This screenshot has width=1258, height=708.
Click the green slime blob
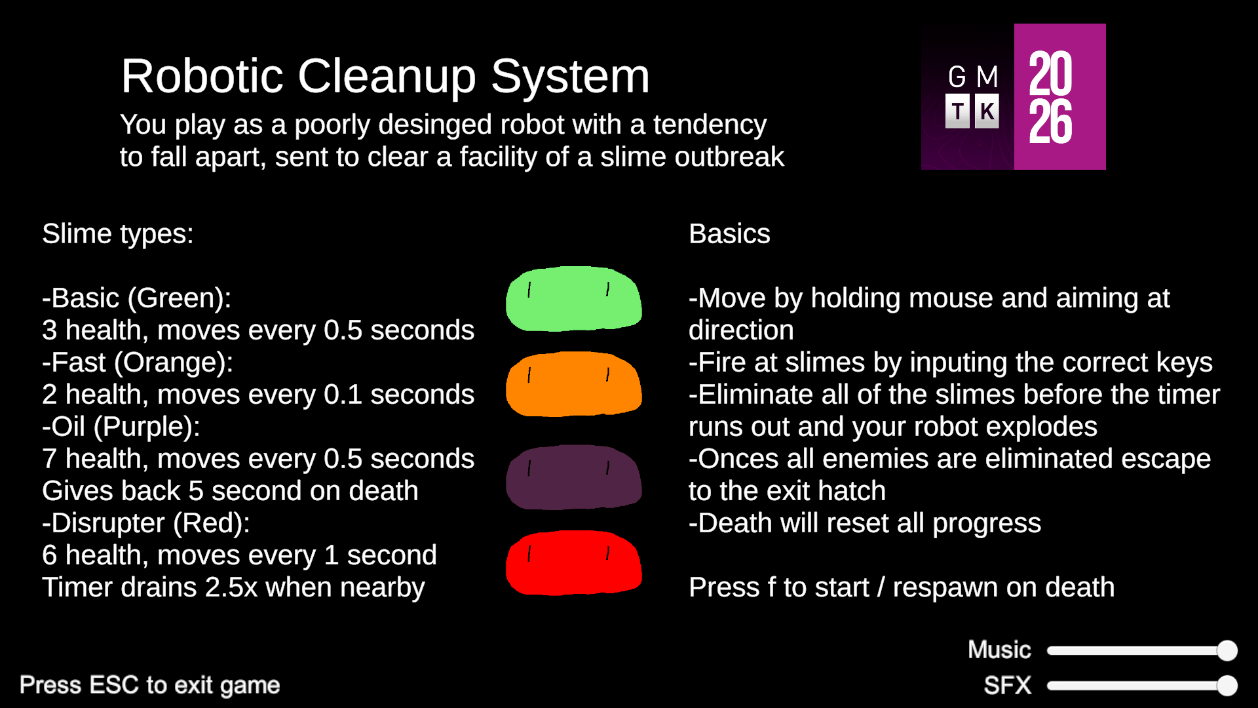pyautogui.click(x=574, y=299)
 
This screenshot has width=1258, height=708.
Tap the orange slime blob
pyautogui.click(x=574, y=384)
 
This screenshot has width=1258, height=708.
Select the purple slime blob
pyautogui.click(x=574, y=477)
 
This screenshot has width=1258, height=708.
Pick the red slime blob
pyautogui.click(x=574, y=562)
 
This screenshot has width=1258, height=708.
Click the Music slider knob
pyautogui.click(x=1227, y=650)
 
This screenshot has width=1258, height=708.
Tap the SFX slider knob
pyautogui.click(x=1227, y=686)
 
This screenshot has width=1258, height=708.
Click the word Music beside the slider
pyautogui.click(x=999, y=650)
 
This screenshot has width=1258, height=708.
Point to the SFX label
pyautogui.click(x=1007, y=685)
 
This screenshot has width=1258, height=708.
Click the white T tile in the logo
pyautogui.click(x=957, y=111)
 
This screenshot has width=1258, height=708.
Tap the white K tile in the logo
pyautogui.click(x=987, y=111)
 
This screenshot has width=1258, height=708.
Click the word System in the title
pyautogui.click(x=570, y=77)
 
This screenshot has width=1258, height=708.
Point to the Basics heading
pyautogui.click(x=729, y=234)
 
